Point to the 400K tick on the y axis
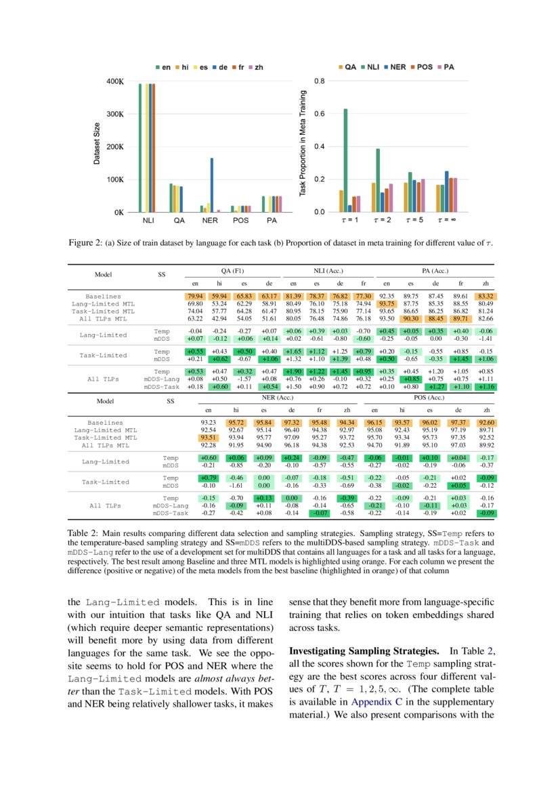click(x=114, y=81)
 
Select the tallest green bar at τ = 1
click(x=345, y=160)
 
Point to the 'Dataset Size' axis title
click(x=98, y=144)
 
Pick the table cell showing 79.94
click(x=195, y=296)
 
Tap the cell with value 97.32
click(x=292, y=422)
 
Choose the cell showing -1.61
click(x=236, y=486)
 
